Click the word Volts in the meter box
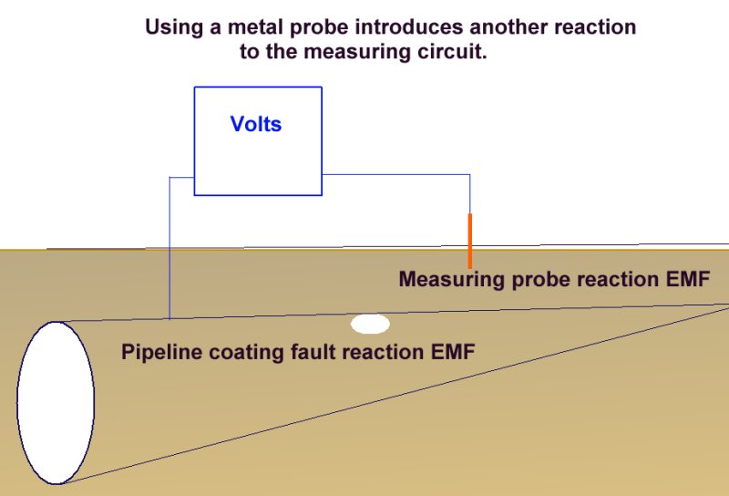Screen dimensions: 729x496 (256, 124)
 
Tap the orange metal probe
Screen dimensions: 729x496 (470, 241)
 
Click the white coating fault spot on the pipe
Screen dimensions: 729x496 (370, 324)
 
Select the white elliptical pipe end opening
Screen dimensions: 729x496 (56, 403)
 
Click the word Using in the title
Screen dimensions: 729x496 (174, 28)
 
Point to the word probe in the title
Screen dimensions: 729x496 (319, 28)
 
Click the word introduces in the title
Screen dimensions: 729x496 (409, 27)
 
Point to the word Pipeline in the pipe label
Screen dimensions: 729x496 (162, 352)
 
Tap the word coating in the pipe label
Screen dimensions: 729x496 (246, 353)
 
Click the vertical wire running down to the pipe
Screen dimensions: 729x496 (169, 248)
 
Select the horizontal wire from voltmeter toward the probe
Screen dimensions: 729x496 (395, 174)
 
